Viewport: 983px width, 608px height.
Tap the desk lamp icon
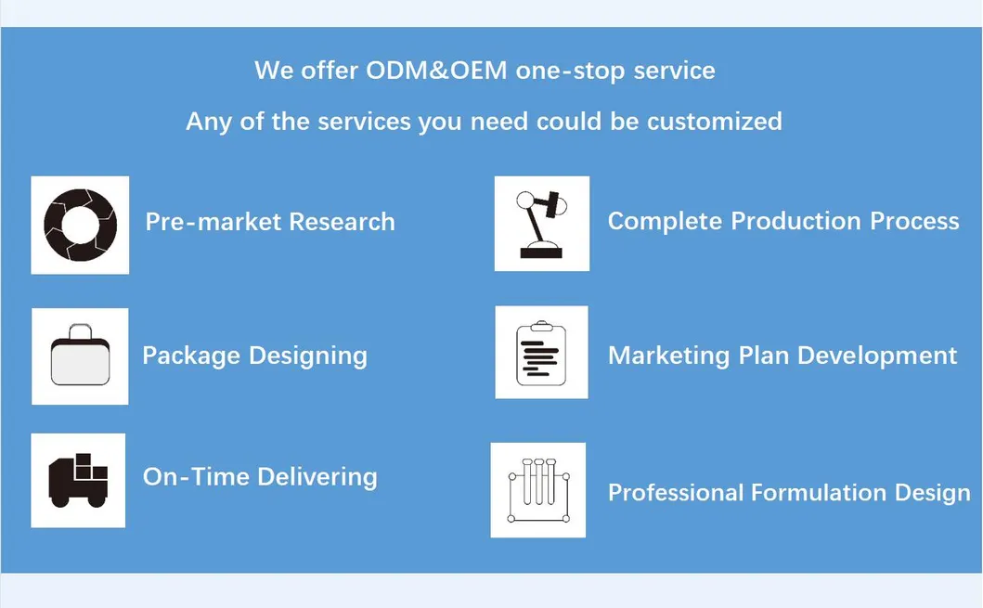coord(542,224)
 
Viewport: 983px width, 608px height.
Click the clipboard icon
coord(541,353)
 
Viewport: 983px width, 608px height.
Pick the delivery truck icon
coord(78,480)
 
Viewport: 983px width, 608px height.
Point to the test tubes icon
coord(539,490)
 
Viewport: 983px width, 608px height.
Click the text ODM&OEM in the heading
coord(436,71)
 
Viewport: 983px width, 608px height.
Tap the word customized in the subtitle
coord(715,122)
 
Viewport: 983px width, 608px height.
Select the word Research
coord(342,222)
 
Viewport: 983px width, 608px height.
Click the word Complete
coord(665,222)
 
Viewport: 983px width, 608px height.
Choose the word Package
coord(191,356)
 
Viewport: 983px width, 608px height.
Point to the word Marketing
coord(669,356)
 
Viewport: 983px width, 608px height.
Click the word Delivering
coord(317,477)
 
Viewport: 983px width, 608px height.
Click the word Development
coord(877,356)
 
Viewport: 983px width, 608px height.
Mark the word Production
coord(795,221)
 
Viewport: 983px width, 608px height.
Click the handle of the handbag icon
coord(80,330)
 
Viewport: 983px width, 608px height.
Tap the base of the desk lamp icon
coord(541,252)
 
